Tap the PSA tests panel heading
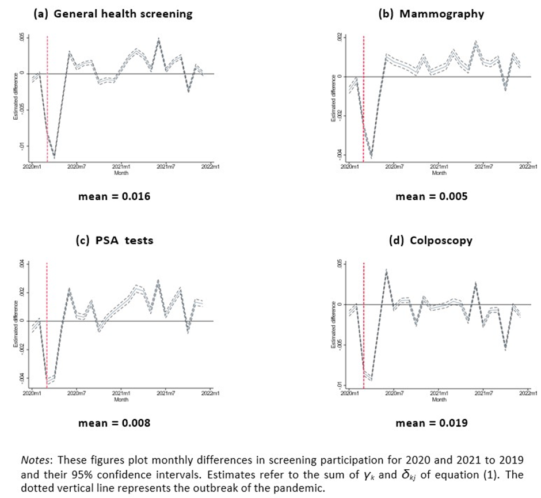tap(115, 240)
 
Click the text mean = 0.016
tap(115, 197)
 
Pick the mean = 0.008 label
tap(115, 423)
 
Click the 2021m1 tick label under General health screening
tap(121, 168)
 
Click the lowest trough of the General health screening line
tap(54, 157)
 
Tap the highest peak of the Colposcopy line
tap(386, 269)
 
